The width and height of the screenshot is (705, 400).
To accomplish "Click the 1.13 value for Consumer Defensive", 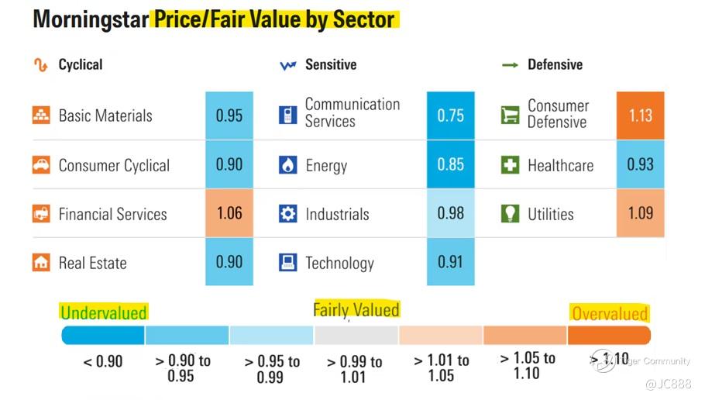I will point(640,116).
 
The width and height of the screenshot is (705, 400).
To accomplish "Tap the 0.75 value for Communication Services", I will point(450,116).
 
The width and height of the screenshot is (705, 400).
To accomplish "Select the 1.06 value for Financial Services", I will point(229,214).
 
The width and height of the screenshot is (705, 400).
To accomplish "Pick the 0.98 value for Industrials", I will point(450,214).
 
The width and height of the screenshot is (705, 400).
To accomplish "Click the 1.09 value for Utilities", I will point(640,214).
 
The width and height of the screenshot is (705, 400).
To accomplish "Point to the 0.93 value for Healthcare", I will point(640,164).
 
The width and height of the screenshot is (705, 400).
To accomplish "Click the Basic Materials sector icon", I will point(41,116).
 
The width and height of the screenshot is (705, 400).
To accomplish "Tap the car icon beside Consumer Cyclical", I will point(41,165).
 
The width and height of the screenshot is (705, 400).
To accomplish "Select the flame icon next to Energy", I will point(287,165).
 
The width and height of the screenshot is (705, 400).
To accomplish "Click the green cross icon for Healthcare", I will point(509,165).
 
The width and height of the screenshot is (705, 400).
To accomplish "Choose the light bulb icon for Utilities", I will point(509,214).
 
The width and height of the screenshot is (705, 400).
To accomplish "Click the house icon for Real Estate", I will point(41,263).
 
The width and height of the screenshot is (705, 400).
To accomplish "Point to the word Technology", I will point(339,264).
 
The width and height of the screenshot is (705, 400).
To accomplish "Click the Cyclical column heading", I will point(81,65).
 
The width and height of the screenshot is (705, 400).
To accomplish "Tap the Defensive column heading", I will point(555,65).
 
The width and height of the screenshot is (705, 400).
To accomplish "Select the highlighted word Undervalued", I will point(103,313).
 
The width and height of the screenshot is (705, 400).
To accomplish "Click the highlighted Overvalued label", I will point(609,313).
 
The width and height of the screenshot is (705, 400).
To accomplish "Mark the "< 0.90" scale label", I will point(103,361).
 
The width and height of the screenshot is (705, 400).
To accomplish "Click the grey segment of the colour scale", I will point(356,335).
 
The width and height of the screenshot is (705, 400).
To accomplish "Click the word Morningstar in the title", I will point(90,19).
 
